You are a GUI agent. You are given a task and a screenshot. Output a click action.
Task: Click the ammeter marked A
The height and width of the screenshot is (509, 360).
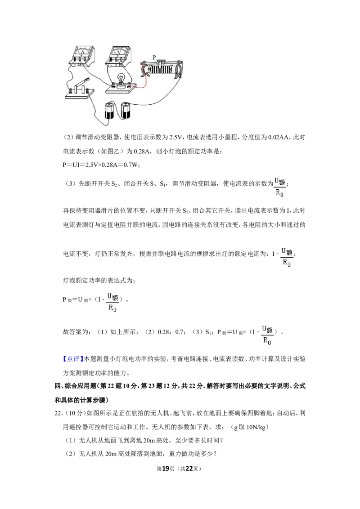point(82,56)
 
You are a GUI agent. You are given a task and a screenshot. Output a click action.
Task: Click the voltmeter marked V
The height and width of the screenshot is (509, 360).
point(119,56)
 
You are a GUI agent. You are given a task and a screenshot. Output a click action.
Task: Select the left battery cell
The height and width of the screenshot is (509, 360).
point(109,110)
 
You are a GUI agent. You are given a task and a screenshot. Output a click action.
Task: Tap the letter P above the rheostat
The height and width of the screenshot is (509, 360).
point(154,58)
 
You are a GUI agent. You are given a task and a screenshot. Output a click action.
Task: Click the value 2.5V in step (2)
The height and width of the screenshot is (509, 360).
point(175,137)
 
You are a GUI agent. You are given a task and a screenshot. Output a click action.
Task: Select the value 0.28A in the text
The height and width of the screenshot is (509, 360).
point(142,151)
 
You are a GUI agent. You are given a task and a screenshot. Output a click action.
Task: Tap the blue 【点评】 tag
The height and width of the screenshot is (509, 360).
point(72,359)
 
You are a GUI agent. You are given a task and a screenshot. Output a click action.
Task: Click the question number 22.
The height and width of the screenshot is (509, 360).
point(58,413)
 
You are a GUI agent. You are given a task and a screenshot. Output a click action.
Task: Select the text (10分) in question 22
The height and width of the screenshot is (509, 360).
point(75,413)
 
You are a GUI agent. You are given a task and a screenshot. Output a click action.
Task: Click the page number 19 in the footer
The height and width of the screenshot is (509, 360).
point(166,469)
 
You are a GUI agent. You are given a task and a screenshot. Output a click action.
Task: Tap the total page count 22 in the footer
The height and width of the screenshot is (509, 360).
point(189,469)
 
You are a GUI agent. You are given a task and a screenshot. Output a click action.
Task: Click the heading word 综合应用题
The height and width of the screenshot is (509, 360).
point(80,386)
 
